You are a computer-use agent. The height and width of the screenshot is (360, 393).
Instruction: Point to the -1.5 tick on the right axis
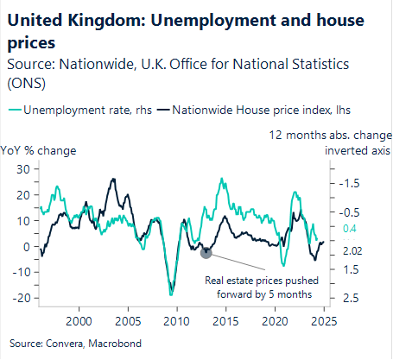(x=351, y=183)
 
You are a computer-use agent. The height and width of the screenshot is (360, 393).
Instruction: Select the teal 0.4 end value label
(x=350, y=229)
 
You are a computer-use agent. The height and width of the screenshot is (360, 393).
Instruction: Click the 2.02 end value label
(x=352, y=251)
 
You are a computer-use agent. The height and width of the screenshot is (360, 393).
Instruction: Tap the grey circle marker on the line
(x=206, y=251)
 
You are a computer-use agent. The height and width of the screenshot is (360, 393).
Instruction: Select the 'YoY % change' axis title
(x=39, y=150)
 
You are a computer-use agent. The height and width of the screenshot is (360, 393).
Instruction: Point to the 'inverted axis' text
(x=357, y=150)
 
